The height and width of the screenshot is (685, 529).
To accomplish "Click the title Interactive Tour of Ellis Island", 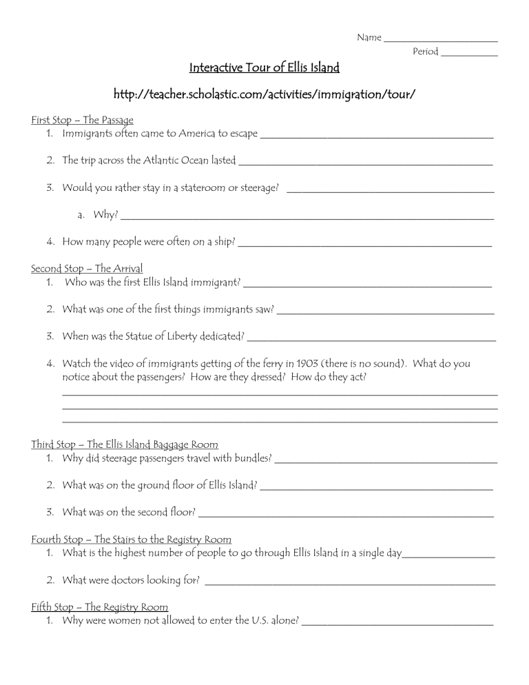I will coord(264,68).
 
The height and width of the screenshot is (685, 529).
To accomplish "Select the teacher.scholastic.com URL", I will coord(264,93).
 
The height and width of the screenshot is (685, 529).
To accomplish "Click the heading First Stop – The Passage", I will coord(83,120).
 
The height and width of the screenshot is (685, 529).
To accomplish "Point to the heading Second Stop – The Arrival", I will coord(87,268).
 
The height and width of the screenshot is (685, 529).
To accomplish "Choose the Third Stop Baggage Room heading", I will coord(125,444).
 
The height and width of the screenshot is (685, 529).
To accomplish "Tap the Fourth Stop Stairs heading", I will coord(132,539).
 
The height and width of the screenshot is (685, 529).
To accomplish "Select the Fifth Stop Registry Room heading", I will coord(100,606).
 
